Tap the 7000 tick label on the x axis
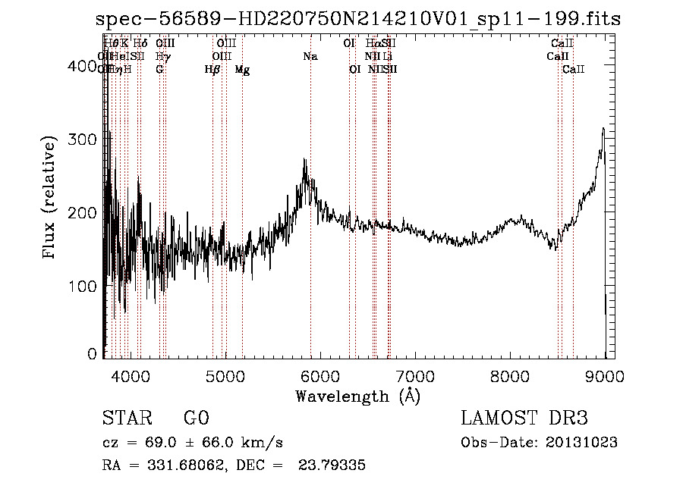click(x=414, y=376)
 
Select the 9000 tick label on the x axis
click(x=605, y=376)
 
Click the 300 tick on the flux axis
click(x=103, y=140)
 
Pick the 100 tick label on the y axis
click(x=85, y=287)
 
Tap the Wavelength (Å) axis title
click(x=357, y=396)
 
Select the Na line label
click(x=310, y=57)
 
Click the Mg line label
click(x=242, y=70)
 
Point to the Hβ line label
click(x=212, y=70)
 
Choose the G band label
click(x=159, y=70)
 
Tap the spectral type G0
click(x=196, y=418)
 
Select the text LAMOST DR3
click(x=524, y=418)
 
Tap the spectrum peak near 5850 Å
click(x=305, y=160)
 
